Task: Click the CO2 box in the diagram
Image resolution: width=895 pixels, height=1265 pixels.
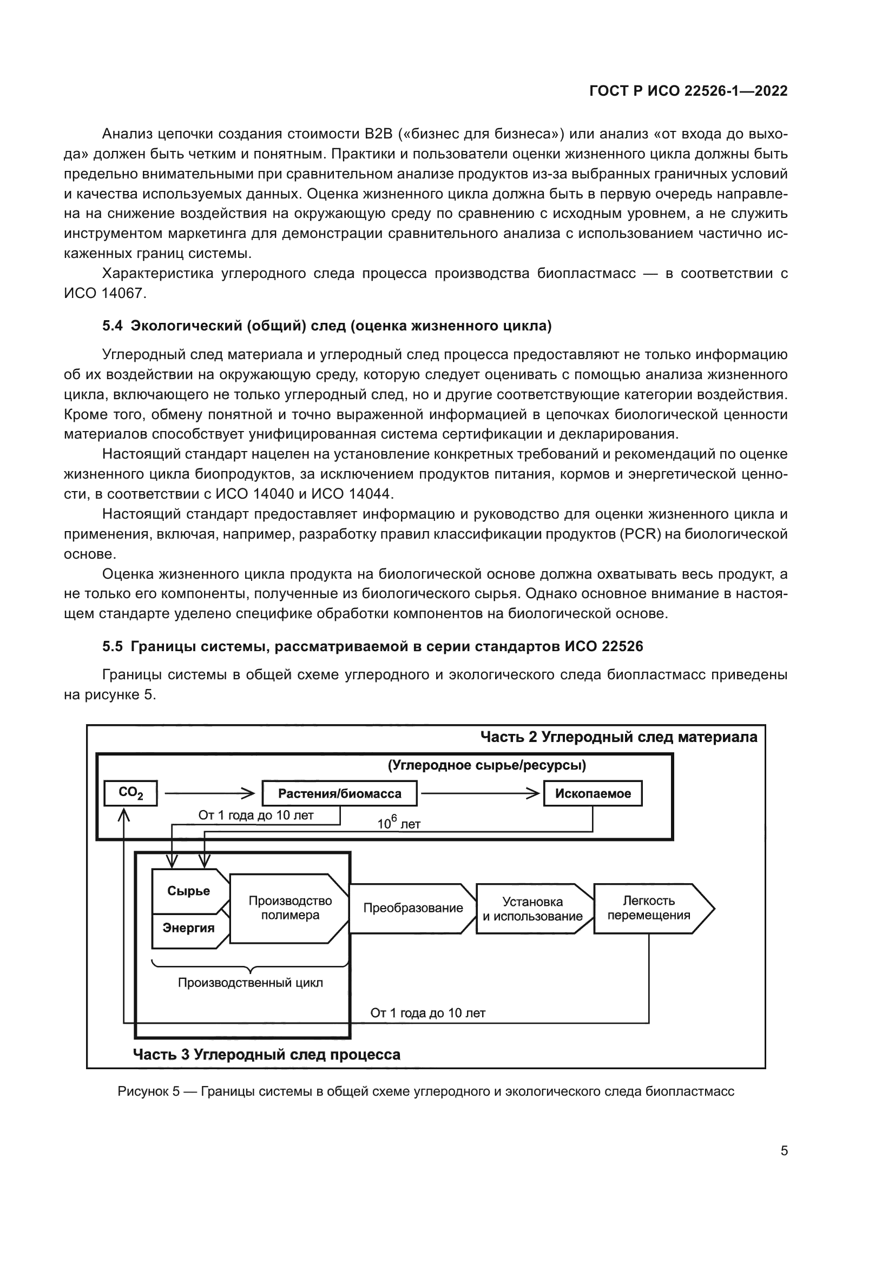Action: pyautogui.click(x=130, y=793)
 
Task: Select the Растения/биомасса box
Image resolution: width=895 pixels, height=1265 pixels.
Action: pyautogui.click(x=339, y=793)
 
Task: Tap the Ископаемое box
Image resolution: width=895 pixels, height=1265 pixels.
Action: pyautogui.click(x=593, y=793)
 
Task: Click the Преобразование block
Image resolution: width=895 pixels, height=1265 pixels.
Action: pyautogui.click(x=413, y=908)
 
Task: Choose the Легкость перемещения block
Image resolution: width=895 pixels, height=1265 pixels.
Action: pyautogui.click(x=649, y=908)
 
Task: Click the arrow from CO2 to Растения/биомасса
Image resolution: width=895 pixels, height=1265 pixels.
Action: pyautogui.click(x=209, y=793)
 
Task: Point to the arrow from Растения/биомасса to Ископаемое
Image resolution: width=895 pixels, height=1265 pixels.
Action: pyautogui.click(x=480, y=793)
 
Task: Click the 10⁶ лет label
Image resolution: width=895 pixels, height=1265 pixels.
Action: pyautogui.click(x=398, y=823)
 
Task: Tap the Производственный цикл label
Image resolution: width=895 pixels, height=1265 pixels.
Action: pyautogui.click(x=250, y=982)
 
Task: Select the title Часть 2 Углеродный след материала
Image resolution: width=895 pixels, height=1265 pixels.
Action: pyautogui.click(x=618, y=737)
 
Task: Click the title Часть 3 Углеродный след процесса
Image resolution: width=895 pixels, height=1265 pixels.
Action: pyautogui.click(x=267, y=1055)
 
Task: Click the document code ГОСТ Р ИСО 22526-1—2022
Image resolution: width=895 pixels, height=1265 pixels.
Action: pyautogui.click(x=688, y=91)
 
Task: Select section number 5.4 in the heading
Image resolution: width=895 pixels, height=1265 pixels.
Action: pyautogui.click(x=113, y=326)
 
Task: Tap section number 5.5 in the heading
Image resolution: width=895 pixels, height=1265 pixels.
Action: pyautogui.click(x=113, y=646)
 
